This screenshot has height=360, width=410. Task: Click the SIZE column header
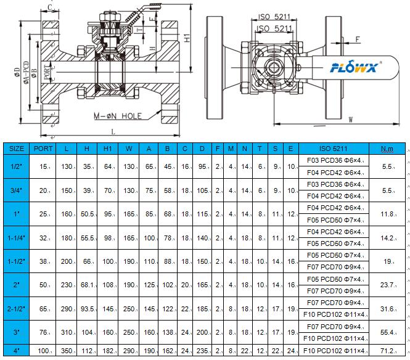[17, 149]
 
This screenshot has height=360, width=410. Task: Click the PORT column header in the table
[43, 149]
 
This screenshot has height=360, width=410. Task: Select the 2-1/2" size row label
[17, 309]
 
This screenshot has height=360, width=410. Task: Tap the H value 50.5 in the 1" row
[88, 213]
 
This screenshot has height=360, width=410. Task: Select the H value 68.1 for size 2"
[88, 285]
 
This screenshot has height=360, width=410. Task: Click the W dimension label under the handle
[350, 119]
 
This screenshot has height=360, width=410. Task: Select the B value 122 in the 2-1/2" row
[168, 309]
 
